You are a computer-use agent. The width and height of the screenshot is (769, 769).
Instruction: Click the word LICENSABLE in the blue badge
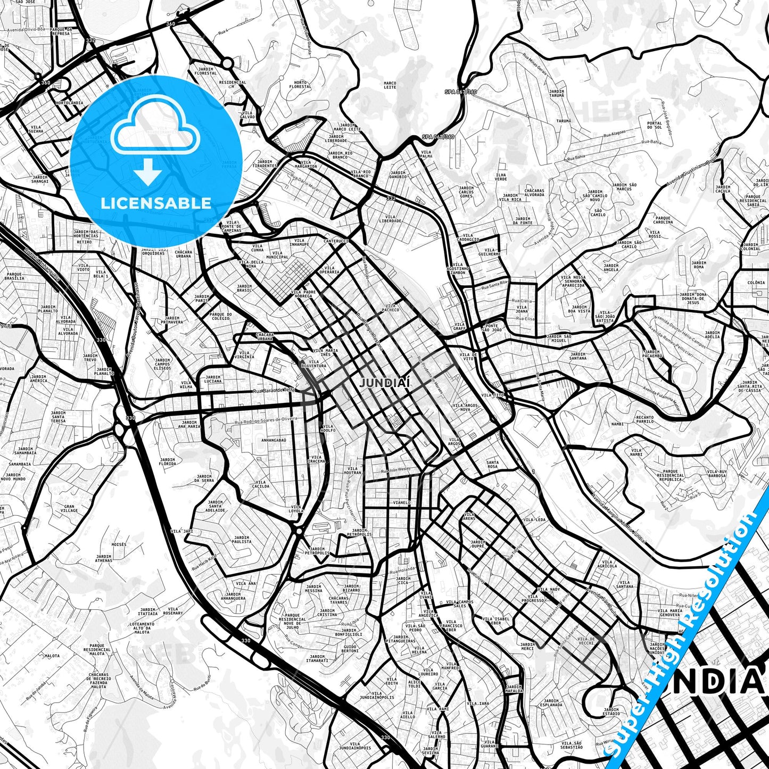click(x=156, y=203)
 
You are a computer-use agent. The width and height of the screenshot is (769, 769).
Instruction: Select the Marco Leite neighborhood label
click(x=390, y=85)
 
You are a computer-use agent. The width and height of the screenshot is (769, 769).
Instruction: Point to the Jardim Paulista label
click(x=242, y=540)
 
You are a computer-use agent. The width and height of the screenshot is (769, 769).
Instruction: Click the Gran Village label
click(x=69, y=508)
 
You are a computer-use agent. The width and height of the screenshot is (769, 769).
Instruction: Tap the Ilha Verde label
click(x=501, y=177)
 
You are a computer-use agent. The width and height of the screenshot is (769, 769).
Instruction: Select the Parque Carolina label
click(x=663, y=220)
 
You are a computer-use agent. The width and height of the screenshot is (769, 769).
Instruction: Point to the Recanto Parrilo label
click(x=644, y=419)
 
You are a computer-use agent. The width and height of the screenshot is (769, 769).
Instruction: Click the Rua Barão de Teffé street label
click(x=274, y=391)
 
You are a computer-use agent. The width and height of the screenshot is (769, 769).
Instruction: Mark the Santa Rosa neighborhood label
click(x=493, y=465)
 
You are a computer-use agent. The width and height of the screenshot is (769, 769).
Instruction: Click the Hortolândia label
click(x=69, y=102)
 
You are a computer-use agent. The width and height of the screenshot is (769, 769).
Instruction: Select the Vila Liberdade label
click(x=390, y=219)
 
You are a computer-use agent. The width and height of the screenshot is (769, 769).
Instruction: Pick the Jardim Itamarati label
click(x=317, y=658)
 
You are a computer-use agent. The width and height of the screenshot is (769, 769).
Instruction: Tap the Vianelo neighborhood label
click(x=401, y=502)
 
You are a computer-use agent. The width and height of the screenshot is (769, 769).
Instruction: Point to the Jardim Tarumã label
click(x=557, y=94)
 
